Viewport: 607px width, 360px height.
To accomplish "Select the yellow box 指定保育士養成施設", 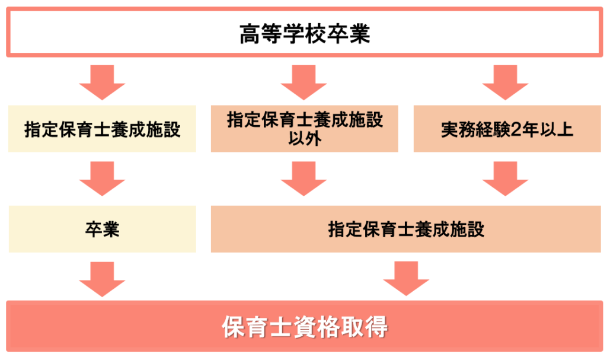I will click(x=102, y=129).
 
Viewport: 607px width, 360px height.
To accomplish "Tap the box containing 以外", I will click(x=305, y=129).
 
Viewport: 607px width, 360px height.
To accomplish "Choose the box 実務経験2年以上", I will click(x=507, y=129).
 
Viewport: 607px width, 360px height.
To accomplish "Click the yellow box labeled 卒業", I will click(x=102, y=229).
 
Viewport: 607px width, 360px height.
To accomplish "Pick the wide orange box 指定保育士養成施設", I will click(x=406, y=229).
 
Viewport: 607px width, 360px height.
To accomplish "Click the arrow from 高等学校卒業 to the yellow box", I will click(x=102, y=82).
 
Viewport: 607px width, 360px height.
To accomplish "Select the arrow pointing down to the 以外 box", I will click(x=304, y=82).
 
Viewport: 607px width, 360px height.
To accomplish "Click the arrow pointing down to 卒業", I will click(x=102, y=179).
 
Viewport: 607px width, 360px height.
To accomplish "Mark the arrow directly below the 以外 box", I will click(x=304, y=179).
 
